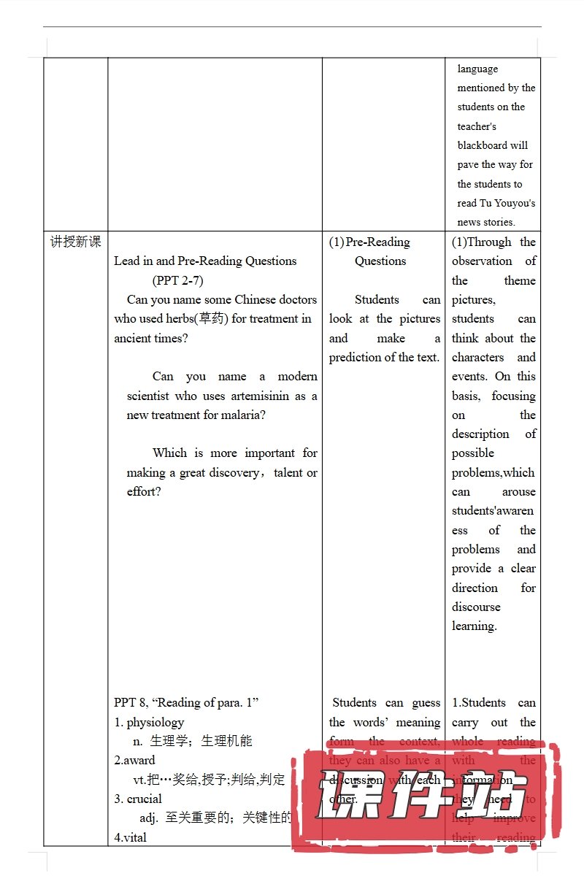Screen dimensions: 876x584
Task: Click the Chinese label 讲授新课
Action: [x=75, y=242]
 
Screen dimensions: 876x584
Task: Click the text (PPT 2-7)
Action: [x=177, y=280]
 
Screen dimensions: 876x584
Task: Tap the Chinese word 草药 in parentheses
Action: [x=210, y=318]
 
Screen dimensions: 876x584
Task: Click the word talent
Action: [x=288, y=472]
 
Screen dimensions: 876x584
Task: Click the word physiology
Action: [x=155, y=722]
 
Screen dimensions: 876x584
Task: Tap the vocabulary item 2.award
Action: [x=134, y=760]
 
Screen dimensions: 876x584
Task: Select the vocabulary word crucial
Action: [x=144, y=799]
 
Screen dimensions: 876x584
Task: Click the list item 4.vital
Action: [x=131, y=837]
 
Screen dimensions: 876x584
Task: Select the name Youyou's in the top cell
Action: [x=517, y=203]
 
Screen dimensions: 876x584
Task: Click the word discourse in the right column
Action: [x=476, y=607]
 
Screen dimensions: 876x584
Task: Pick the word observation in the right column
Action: [x=482, y=261]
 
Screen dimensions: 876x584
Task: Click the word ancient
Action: [x=134, y=338]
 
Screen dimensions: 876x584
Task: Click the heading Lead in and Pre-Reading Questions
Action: [x=205, y=261]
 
